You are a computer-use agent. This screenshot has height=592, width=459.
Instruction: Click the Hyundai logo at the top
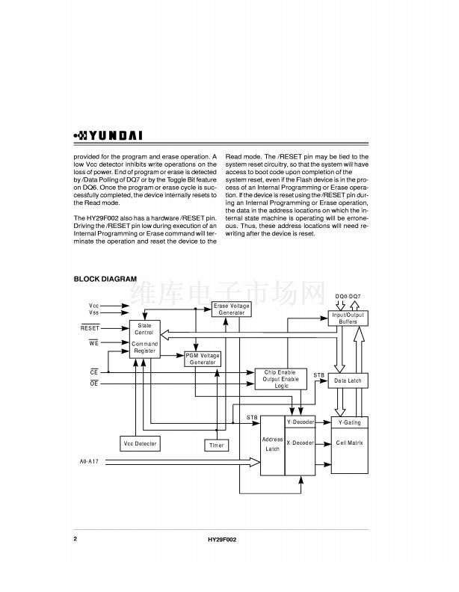108,135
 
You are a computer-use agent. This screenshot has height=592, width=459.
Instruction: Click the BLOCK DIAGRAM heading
105,279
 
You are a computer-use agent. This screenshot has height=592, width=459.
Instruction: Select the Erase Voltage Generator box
232,309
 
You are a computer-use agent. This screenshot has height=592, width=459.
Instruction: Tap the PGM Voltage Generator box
203,359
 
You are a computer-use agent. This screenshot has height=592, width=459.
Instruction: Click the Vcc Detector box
140,443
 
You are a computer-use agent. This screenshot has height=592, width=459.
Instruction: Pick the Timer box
217,445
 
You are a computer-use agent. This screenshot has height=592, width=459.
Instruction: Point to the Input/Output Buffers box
348,318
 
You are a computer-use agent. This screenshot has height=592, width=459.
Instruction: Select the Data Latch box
348,380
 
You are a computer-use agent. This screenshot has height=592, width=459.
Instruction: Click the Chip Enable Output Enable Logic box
281,379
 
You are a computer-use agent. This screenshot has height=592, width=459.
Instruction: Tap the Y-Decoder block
300,422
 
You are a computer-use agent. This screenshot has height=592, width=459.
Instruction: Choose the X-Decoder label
300,443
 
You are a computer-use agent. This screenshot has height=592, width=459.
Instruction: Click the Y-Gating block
350,422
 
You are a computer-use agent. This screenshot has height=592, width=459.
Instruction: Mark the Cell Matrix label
350,443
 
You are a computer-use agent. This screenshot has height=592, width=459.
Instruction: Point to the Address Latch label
273,444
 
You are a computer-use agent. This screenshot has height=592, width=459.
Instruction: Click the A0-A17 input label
89,461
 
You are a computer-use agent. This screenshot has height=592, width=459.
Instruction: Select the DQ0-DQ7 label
348,297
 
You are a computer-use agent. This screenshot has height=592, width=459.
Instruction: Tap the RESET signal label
90,328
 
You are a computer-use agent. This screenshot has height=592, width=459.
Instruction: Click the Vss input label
93,312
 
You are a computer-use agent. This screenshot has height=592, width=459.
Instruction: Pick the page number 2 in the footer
75,539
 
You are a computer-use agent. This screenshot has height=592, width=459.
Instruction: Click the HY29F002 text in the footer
222,540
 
